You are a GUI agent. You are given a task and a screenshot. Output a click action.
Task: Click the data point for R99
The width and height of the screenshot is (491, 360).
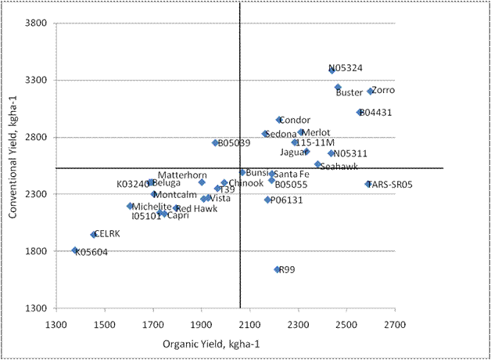(277, 269)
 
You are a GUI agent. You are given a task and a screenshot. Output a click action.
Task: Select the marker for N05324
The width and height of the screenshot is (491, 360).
(332, 70)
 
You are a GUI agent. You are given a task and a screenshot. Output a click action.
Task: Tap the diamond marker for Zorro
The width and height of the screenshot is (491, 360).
(370, 92)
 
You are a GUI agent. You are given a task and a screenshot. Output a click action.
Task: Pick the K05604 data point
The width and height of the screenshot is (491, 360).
(75, 250)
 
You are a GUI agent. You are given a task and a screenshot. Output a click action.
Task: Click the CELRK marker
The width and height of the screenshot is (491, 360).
(93, 234)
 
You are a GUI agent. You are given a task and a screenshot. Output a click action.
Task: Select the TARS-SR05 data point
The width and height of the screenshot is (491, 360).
(368, 184)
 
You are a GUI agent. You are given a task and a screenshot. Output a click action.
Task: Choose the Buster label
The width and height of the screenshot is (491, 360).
(349, 92)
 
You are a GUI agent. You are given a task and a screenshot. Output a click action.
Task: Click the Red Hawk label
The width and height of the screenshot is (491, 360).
(195, 209)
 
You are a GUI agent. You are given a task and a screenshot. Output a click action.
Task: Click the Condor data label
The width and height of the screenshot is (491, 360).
(294, 120)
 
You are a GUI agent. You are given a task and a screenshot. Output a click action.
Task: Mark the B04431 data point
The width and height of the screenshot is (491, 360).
(360, 112)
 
